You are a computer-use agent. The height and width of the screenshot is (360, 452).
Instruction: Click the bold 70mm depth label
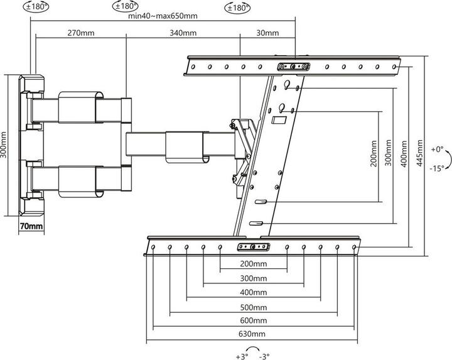[x=31, y=225]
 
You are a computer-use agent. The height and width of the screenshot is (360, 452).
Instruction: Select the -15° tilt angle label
[x=438, y=168]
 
